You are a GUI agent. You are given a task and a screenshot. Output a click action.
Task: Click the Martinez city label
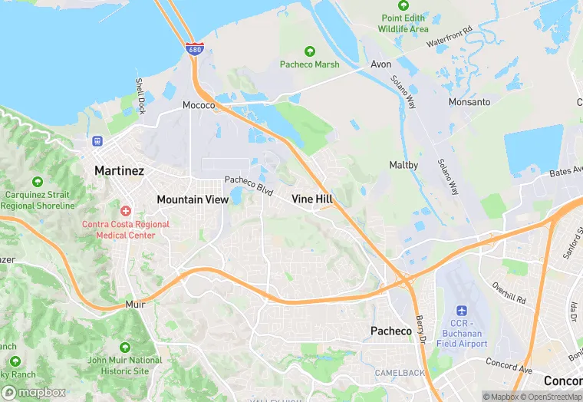point(119,170)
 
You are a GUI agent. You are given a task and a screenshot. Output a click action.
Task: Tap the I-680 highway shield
point(195,48)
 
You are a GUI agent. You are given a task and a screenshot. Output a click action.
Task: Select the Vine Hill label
point(311,199)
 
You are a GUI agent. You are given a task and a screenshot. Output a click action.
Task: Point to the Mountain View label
point(192,199)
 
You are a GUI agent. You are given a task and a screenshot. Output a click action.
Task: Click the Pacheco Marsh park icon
point(309,51)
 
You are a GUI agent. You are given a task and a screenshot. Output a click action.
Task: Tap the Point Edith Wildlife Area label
point(403,23)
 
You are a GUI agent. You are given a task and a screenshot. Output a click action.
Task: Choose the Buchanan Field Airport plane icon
point(462,311)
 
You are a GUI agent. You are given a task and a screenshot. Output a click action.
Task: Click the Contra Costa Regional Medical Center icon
point(126,210)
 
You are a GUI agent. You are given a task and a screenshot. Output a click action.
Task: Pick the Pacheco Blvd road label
point(249,184)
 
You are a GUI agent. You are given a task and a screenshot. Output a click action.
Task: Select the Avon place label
point(381,64)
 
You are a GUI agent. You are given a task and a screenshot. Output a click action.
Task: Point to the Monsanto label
point(469,102)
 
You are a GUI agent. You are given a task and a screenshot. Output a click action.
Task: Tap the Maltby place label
point(403,165)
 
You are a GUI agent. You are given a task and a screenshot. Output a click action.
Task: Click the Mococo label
point(199,105)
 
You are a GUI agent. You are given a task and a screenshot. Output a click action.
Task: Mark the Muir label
point(134,305)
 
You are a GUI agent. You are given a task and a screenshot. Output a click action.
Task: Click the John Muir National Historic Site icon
point(125,347)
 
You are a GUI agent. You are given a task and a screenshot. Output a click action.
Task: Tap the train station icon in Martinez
point(97,141)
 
